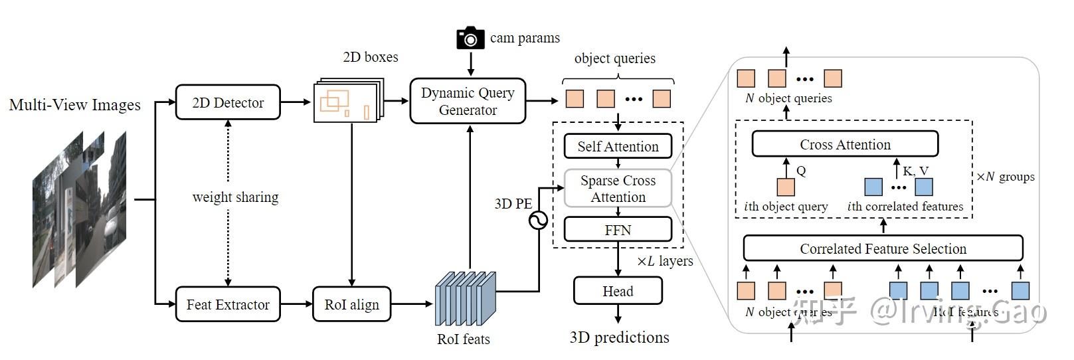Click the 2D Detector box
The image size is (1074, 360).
228,102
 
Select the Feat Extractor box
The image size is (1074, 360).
228,304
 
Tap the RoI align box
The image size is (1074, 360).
351,304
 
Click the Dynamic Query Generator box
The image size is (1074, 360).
468,101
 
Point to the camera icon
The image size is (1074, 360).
470,39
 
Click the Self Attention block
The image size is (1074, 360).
618,146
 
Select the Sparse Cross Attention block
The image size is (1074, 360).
618,189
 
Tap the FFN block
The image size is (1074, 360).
618,230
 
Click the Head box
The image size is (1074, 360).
618,291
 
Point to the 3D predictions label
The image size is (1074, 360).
619,337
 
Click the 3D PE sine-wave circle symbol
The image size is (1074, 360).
538,220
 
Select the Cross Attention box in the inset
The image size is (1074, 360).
845,144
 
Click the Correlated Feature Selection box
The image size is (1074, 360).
883,248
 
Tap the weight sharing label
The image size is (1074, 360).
235,197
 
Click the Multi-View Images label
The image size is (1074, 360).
75,105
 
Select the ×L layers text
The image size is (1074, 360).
665,261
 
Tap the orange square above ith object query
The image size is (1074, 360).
786,187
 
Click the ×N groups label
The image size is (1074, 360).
1005,177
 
